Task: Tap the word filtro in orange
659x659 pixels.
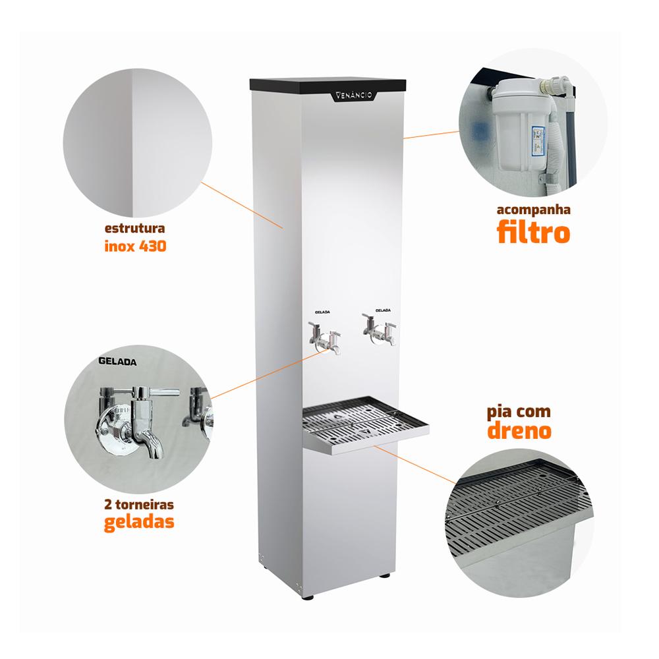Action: point(532,233)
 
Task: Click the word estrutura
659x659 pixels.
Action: point(134,229)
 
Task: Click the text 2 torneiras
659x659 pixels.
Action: point(140,504)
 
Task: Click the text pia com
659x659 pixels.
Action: point(518,412)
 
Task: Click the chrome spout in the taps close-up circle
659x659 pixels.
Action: point(148,438)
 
